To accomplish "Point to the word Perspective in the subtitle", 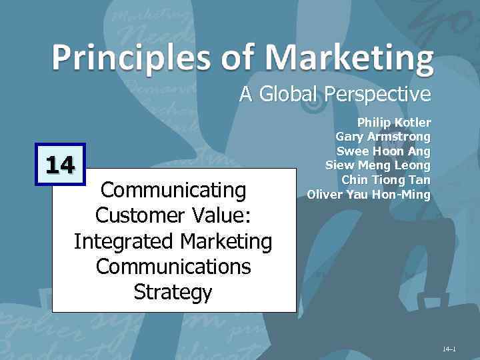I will [x=377, y=95].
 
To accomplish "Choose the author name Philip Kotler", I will [x=394, y=123].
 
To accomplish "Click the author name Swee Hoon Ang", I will [x=383, y=151].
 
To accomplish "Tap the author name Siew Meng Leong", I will [x=378, y=165].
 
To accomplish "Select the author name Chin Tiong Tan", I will [x=386, y=179].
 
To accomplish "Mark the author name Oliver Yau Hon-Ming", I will [x=369, y=195].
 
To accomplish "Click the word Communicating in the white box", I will [x=173, y=190].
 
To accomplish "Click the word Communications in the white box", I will [x=173, y=266].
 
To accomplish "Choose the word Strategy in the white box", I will [x=173, y=292].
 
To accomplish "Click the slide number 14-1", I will [x=448, y=349].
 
